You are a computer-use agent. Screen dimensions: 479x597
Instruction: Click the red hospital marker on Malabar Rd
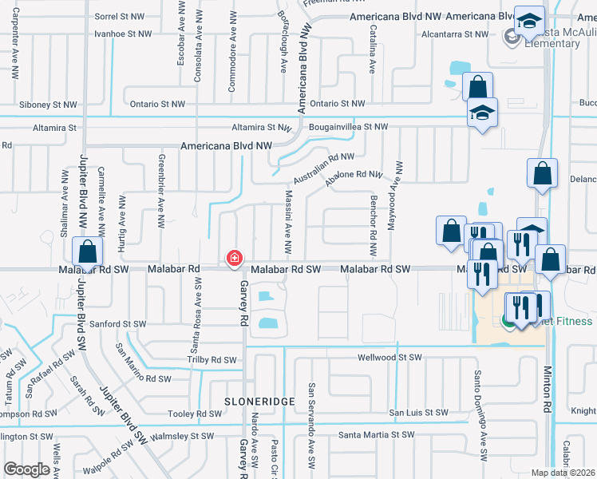(235, 258)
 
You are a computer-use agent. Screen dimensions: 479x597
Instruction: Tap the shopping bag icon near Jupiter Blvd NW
(87, 253)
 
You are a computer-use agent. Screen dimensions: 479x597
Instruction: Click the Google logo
(26, 469)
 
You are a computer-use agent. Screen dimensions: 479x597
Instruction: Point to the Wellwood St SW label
(389, 358)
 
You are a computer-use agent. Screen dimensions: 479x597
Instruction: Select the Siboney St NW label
(49, 105)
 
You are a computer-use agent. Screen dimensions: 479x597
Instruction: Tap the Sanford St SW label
(118, 324)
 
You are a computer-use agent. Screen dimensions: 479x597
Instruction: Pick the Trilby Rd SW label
(210, 360)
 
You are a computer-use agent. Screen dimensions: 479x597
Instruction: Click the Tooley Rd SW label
(195, 414)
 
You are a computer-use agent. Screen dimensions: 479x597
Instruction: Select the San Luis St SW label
(418, 413)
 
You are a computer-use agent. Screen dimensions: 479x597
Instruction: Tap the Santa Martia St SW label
(376, 435)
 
